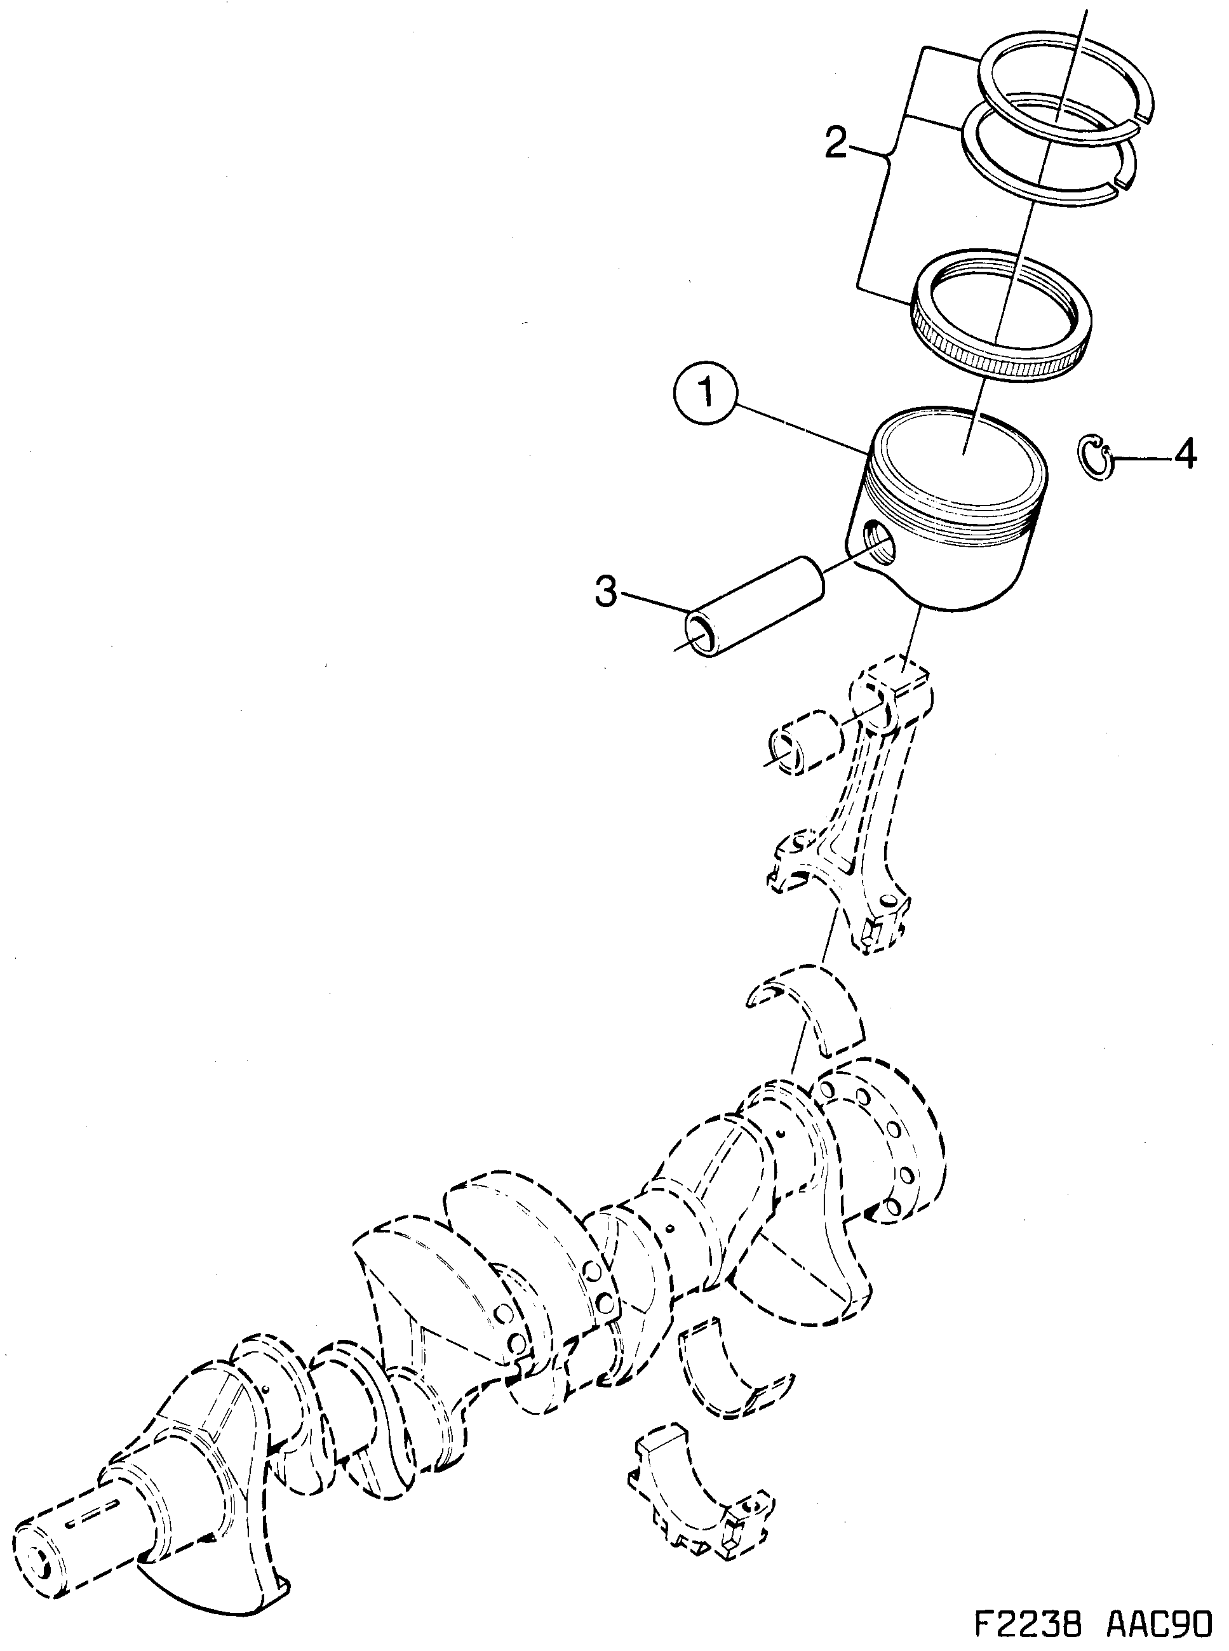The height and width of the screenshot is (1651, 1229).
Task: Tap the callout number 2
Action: (x=836, y=143)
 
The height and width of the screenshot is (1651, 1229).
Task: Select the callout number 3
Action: (x=607, y=592)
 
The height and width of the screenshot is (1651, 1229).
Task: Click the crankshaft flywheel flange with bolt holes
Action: (x=885, y=1153)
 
